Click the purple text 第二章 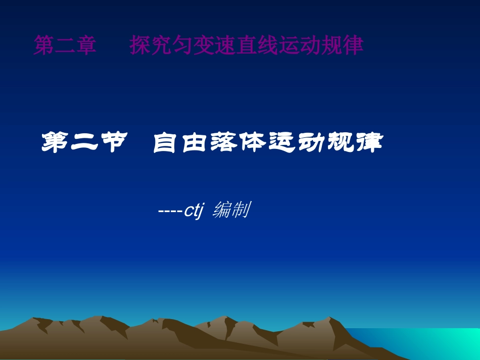point(65,45)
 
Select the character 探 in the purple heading point(139,45)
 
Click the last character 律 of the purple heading point(353,45)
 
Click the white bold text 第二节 point(83,143)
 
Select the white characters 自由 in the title point(180,143)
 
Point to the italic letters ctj point(193,210)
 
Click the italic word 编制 point(231,210)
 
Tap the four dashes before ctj point(170,211)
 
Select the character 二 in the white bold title point(83,143)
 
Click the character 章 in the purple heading point(86,45)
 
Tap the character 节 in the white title point(111,143)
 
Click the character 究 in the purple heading point(161,45)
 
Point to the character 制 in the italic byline point(241,210)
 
